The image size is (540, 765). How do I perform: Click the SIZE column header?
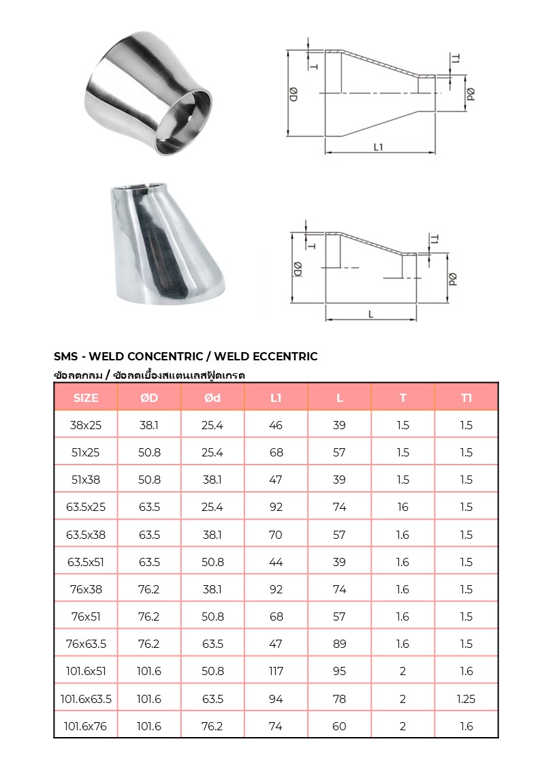[x=86, y=398]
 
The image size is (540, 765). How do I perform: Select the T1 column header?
[x=466, y=398]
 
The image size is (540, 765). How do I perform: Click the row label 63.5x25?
[x=86, y=507]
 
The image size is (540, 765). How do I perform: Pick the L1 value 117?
[x=276, y=671]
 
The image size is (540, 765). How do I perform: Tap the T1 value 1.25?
[x=466, y=698]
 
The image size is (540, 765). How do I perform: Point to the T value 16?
[x=402, y=507]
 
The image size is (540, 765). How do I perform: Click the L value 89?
[x=339, y=644]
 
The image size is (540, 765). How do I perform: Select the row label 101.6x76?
[x=86, y=726]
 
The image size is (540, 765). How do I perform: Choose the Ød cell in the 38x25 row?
[x=212, y=425]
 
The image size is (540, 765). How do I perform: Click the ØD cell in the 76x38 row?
[x=149, y=589]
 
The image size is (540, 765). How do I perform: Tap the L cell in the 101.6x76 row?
[x=339, y=726]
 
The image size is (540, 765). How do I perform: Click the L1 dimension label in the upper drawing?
[x=379, y=146]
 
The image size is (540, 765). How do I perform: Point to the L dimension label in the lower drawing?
[x=370, y=314]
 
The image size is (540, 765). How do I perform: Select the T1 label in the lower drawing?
[x=434, y=239]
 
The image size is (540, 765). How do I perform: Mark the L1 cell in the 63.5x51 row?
[x=276, y=562]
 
